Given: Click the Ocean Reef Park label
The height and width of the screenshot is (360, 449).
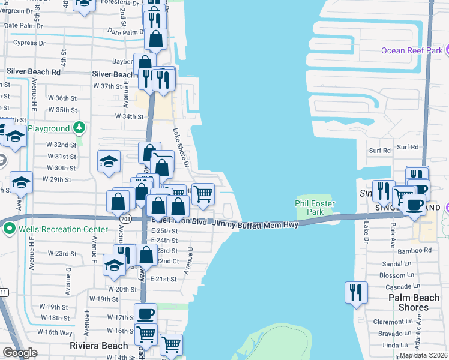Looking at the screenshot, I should coord(412,50).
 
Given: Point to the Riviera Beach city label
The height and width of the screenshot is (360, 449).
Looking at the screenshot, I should coord(98,346).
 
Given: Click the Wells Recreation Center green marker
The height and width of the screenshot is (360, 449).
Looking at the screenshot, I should coord(10,228).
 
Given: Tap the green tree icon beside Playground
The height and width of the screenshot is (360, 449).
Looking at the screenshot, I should coord(79,128).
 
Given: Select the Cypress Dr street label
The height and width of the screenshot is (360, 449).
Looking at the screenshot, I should coord(34,43).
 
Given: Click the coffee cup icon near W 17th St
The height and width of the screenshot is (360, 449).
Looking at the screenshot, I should coord(145,314).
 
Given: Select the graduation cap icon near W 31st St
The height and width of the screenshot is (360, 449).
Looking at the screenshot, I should coord(109,161).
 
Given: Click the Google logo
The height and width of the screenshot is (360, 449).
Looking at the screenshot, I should coord(20,353).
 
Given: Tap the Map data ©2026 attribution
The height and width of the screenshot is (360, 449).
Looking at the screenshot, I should coord(423,355).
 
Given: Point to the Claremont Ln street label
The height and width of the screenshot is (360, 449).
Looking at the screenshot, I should coord(393,322).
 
